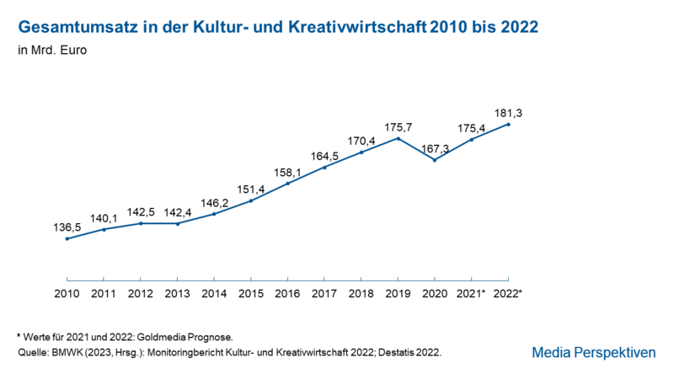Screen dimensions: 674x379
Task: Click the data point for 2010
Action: [x=67, y=238]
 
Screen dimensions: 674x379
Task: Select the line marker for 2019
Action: [x=398, y=138]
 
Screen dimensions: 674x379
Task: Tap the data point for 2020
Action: [x=435, y=160]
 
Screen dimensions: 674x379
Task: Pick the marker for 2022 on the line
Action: [x=508, y=125]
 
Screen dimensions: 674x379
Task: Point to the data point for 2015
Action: [x=251, y=200]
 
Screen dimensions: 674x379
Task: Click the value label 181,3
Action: [x=508, y=113]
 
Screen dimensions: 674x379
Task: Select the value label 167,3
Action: [x=435, y=149]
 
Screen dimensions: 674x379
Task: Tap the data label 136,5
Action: [x=67, y=227]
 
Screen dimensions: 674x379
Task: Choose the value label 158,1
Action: [x=287, y=173]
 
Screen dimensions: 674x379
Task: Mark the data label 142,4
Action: [x=178, y=212]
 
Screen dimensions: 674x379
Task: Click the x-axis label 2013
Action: [x=178, y=293]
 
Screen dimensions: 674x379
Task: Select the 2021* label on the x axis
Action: [x=471, y=293]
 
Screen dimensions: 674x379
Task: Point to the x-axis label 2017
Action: [x=324, y=293]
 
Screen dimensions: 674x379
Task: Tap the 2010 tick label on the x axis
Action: [x=67, y=293]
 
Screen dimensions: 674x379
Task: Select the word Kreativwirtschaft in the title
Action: [x=357, y=27]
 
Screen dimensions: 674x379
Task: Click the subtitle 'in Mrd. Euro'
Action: [x=52, y=50]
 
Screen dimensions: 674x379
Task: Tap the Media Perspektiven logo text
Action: [x=594, y=352]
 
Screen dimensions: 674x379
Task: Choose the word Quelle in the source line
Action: [x=33, y=352]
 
